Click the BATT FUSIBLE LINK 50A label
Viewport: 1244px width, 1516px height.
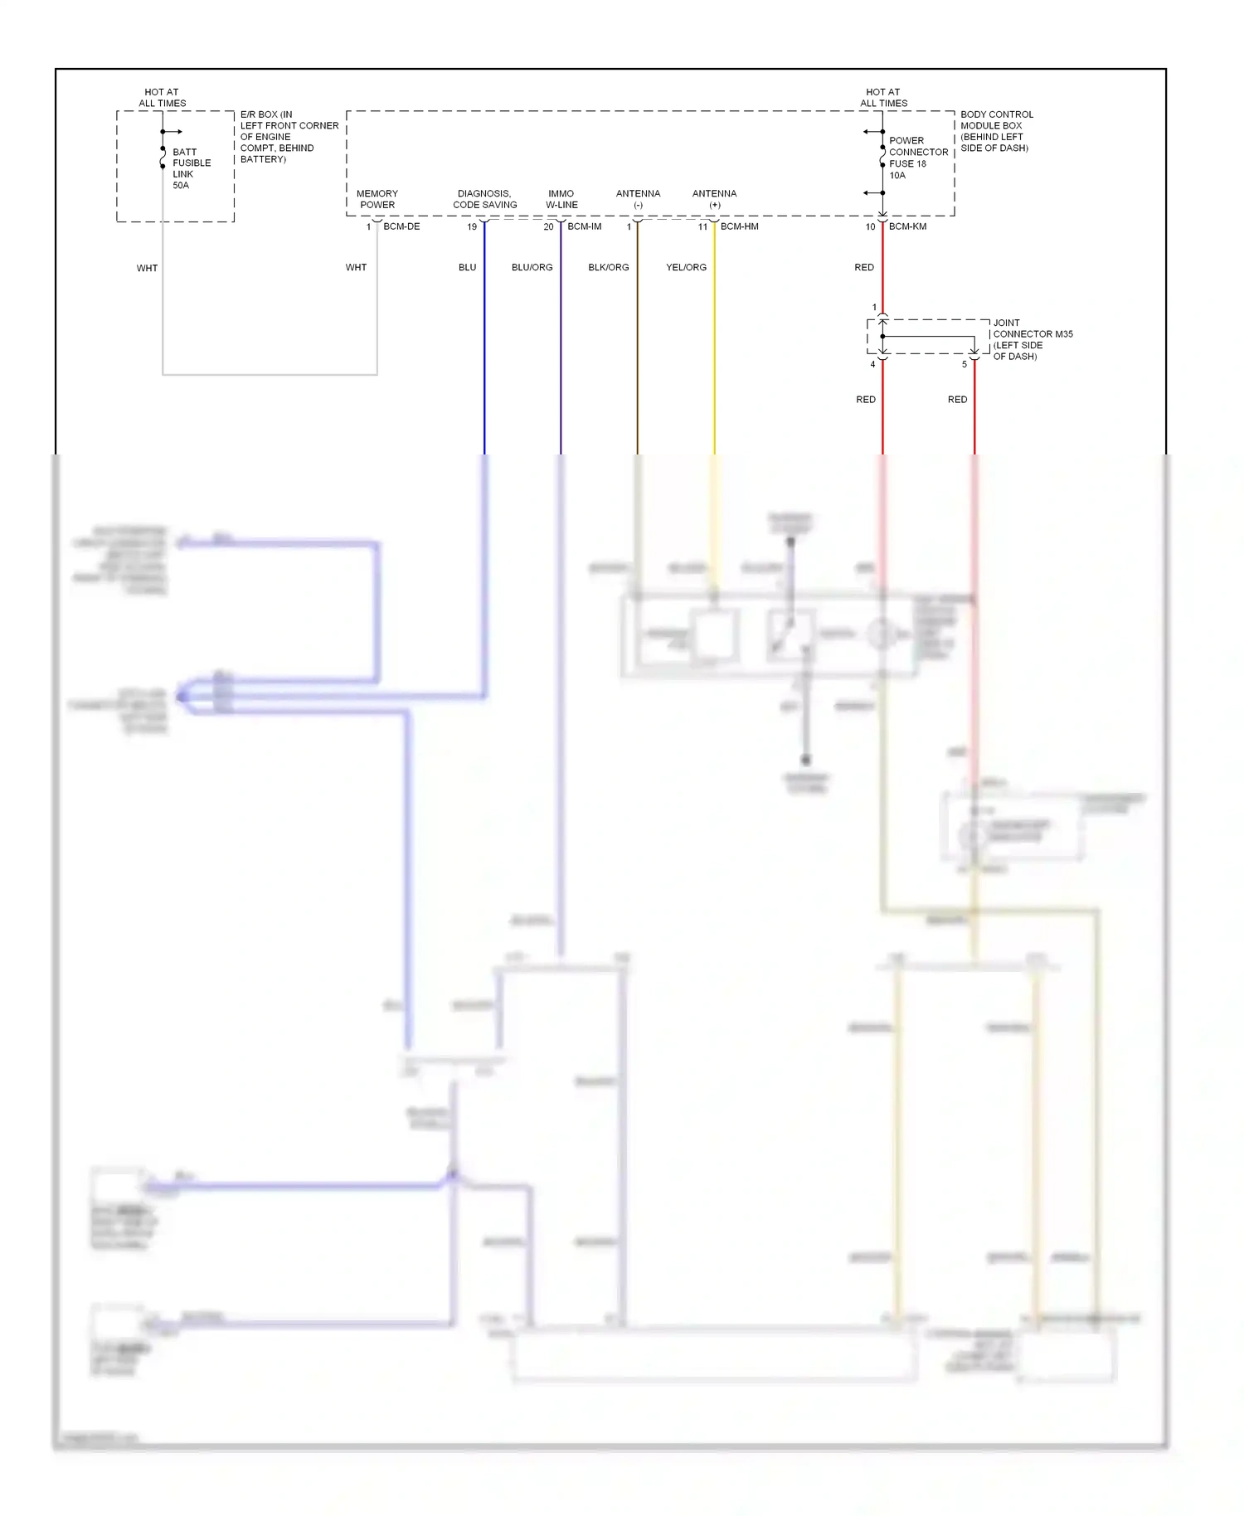191,168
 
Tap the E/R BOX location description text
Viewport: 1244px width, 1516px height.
289,137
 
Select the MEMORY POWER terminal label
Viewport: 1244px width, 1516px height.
377,199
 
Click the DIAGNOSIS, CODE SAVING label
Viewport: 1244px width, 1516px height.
484,199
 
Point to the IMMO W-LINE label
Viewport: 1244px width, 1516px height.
561,199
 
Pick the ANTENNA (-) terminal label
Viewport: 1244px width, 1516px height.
638,199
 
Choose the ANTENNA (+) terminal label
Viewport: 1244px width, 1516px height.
714,199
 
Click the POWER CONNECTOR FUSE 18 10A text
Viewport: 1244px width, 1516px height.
917,158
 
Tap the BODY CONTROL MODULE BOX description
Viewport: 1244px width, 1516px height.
996,131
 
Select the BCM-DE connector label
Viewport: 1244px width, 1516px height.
401,226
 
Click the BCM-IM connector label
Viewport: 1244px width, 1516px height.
584,226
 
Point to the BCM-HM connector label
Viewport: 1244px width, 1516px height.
739,226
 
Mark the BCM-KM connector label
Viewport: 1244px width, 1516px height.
907,226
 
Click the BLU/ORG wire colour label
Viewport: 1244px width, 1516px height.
532,267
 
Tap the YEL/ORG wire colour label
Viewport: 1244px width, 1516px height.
686,267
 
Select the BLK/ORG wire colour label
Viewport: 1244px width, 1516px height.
608,267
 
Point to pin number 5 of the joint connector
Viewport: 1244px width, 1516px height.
965,364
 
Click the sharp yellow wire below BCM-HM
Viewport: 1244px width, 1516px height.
714,348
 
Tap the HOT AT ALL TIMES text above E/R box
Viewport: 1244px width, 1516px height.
162,98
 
